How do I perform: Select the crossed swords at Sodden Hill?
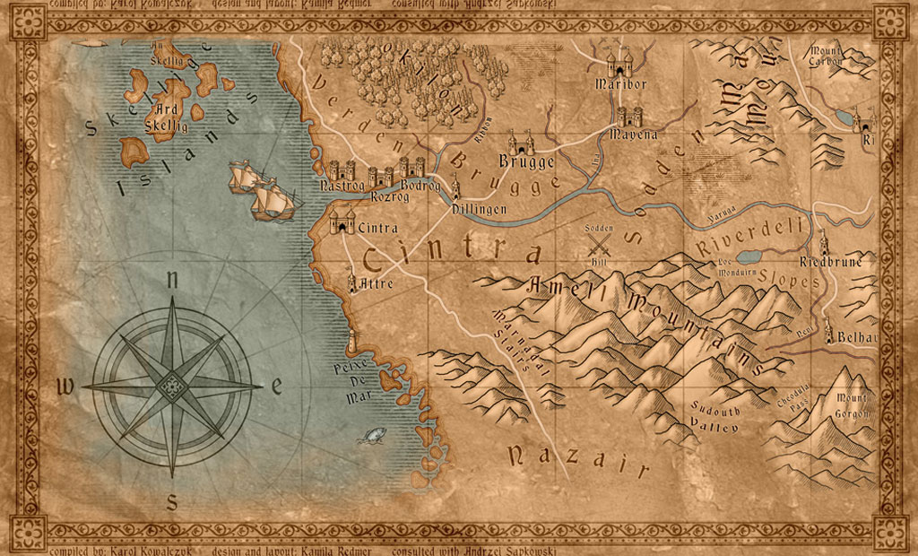(598, 242)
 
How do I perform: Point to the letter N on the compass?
(171, 280)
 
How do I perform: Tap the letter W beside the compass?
(65, 387)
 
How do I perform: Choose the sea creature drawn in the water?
(368, 436)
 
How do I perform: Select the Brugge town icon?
(521, 143)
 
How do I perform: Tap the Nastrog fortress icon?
(342, 170)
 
